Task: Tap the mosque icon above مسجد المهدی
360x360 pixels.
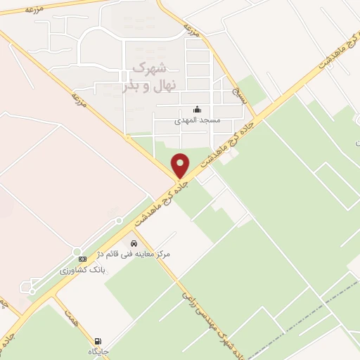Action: [197, 110]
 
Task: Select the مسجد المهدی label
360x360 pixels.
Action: [198, 120]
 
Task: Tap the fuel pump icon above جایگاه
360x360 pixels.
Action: [96, 341]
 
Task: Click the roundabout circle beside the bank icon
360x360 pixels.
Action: [77, 251]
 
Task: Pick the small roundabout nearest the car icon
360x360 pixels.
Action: [120, 221]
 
